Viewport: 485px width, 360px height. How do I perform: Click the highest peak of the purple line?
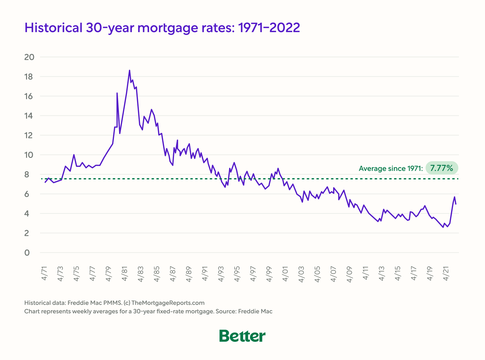point(129,70)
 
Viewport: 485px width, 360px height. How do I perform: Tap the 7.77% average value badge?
point(442,168)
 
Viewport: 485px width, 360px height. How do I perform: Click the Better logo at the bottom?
point(242,336)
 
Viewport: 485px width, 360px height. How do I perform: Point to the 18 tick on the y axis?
point(29,77)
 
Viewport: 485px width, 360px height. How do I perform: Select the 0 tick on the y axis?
point(27,253)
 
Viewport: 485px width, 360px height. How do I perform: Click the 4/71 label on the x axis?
point(45,274)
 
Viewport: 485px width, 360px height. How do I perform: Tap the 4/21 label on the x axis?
point(446,274)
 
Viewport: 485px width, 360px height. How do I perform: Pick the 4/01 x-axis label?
point(285,274)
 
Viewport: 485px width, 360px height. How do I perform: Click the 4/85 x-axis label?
point(157,274)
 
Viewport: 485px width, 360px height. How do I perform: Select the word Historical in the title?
point(53,28)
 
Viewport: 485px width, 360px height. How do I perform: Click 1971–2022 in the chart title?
point(269,28)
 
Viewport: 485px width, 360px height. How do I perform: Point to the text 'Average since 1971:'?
point(390,168)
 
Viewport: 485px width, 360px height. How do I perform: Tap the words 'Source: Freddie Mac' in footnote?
point(244,311)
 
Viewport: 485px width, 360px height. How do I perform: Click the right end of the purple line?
point(456,204)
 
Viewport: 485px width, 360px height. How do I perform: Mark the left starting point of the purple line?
point(45,182)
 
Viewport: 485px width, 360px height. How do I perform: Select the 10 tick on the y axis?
point(29,155)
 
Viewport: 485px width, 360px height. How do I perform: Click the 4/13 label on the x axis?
point(382,274)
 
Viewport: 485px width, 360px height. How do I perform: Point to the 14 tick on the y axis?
point(29,116)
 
